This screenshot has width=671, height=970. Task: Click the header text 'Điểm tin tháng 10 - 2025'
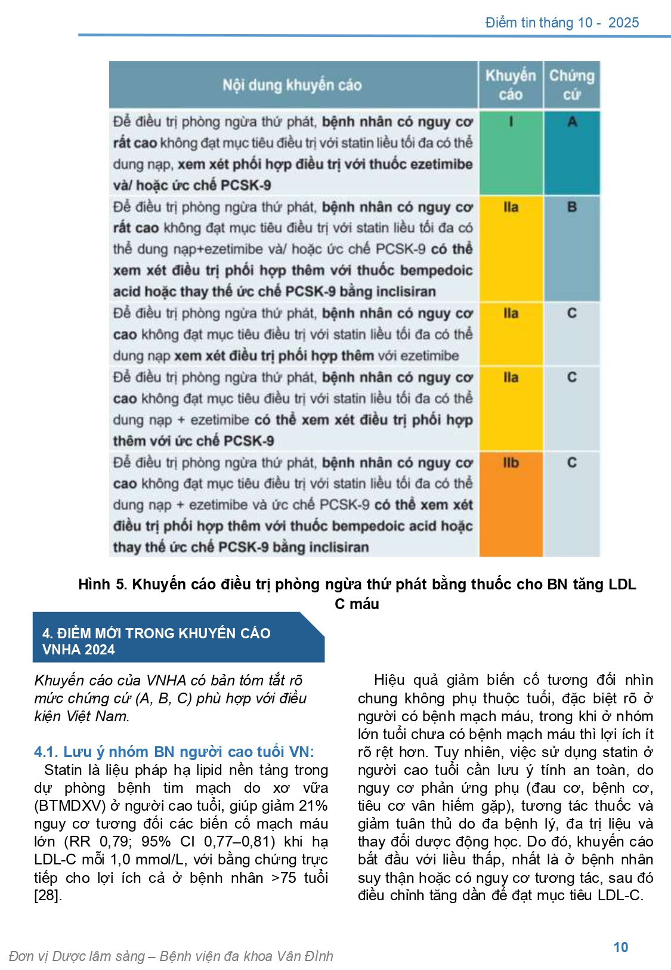[561, 23]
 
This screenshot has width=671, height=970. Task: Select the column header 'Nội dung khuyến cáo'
[292, 85]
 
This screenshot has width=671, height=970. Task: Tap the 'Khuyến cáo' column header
[511, 85]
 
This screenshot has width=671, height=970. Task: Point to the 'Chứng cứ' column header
[571, 85]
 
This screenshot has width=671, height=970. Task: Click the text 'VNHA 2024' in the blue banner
[78, 650]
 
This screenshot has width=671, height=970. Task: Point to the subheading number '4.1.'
[46, 752]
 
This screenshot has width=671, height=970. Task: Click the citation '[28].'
[48, 895]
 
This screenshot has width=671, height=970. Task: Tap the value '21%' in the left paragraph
[313, 806]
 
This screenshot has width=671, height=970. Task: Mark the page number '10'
[620, 947]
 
